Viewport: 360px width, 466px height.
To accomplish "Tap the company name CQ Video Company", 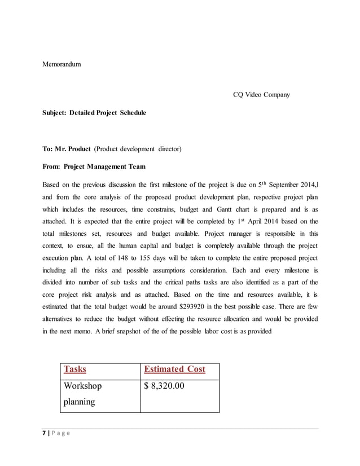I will pos(261,94).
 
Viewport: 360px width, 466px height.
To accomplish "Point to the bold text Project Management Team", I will pos(104,166).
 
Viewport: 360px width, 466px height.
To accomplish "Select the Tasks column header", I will pos(75,370).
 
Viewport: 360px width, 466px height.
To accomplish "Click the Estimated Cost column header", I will pos(174,370).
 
